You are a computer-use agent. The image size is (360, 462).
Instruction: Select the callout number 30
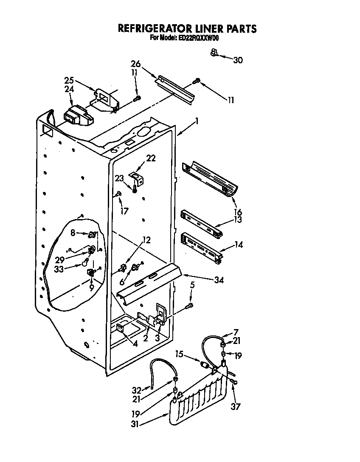coord(238,60)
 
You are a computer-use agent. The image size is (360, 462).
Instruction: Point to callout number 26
coord(135,65)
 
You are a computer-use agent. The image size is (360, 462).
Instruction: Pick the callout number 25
coord(69,80)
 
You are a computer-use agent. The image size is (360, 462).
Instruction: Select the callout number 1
coord(196,121)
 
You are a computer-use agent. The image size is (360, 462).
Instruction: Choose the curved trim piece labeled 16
coord(211,178)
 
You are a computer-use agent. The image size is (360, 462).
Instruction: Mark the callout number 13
coord(238,219)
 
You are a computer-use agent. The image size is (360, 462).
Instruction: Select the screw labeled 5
coord(190,305)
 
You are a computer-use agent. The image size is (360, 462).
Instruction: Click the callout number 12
coord(146,240)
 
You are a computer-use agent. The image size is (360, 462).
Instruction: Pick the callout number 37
coord(235,407)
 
